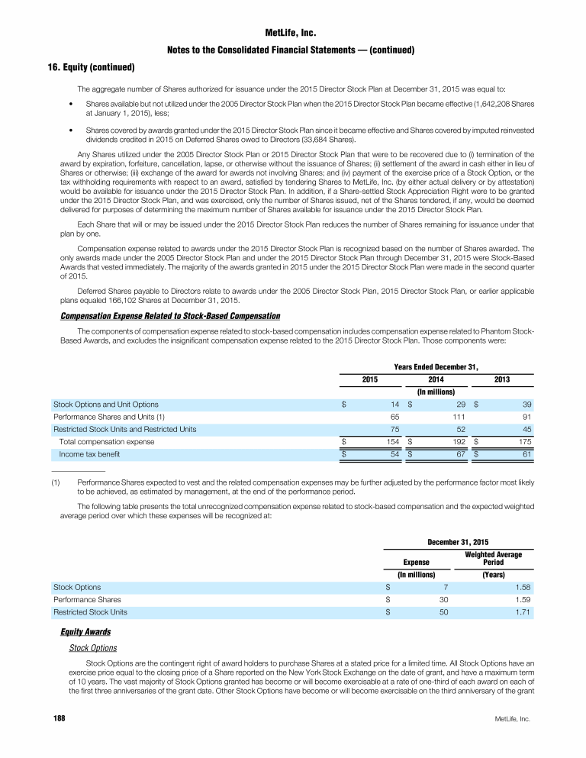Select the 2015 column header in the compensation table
pos(369,379)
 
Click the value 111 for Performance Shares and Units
pos(437,417)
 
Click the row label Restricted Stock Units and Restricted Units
pos(124,429)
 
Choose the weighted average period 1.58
pos(522,587)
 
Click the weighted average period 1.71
pos(522,611)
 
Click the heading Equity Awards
pos(85,632)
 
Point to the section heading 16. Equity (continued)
pos(89,67)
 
